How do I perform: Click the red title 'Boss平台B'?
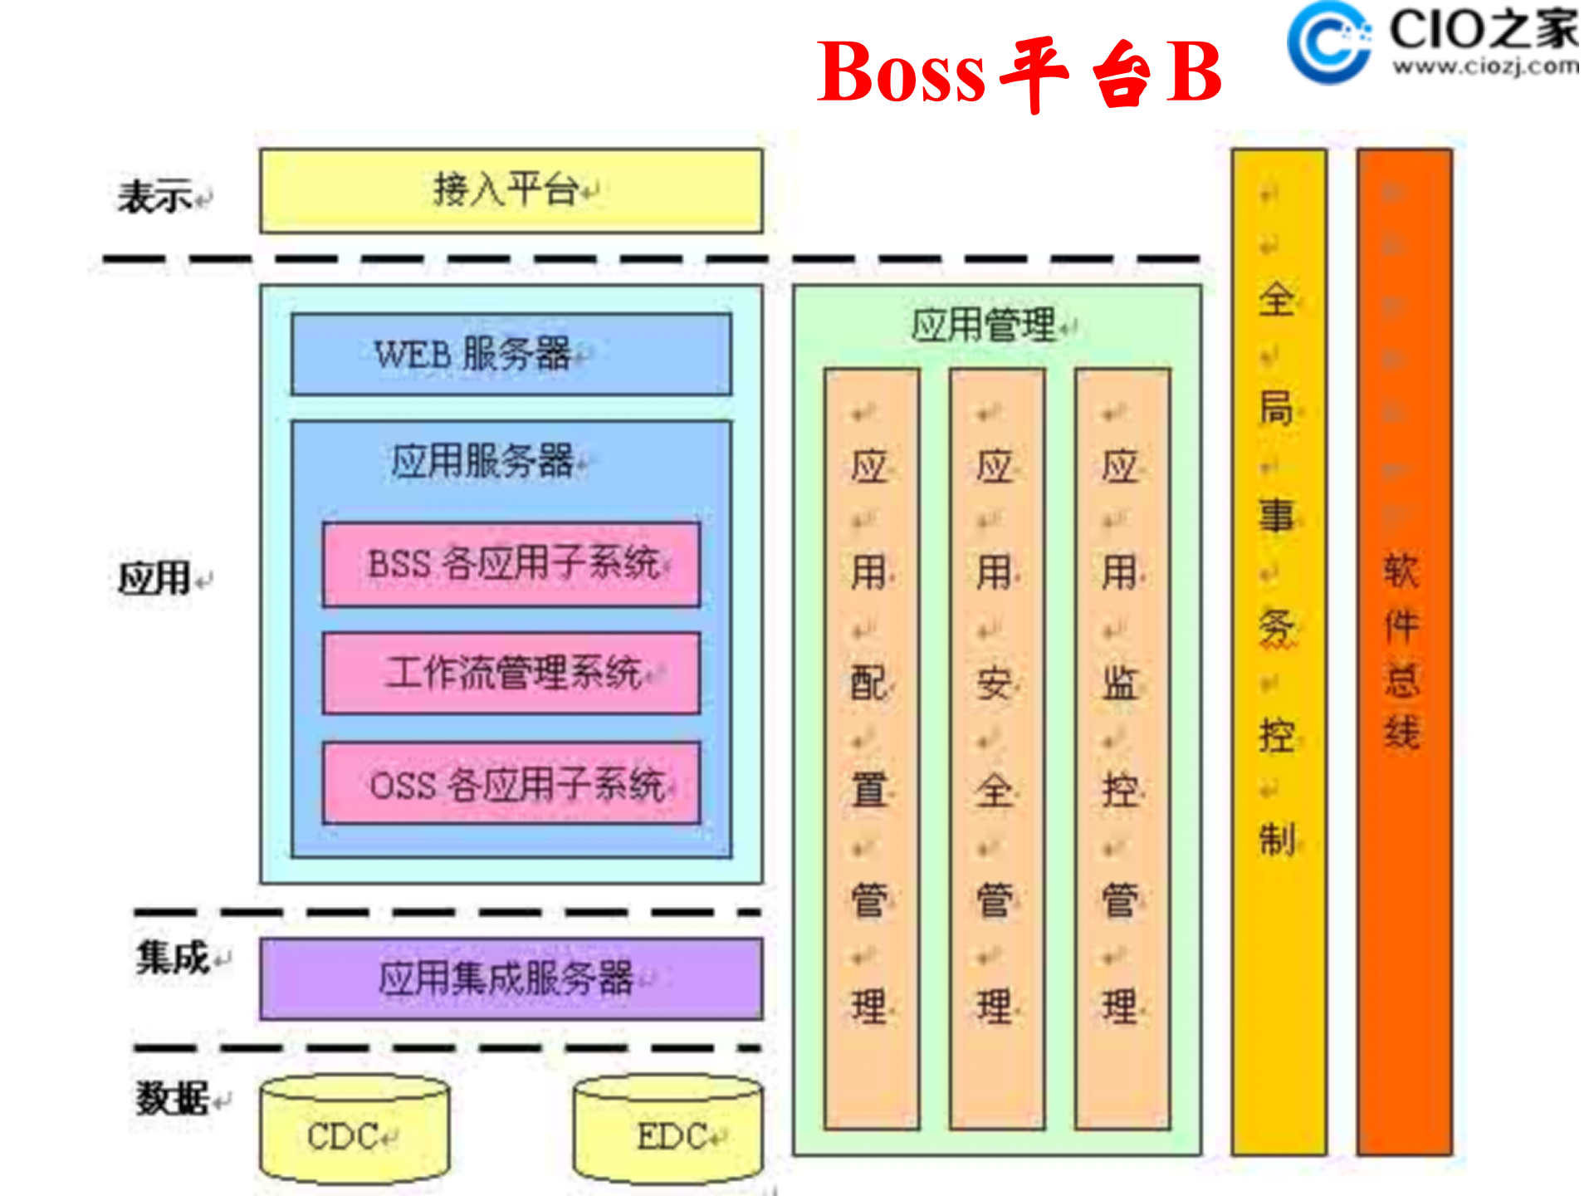[1019, 73]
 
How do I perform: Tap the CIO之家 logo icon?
[1329, 42]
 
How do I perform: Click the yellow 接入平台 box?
[511, 191]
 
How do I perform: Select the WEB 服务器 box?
[511, 355]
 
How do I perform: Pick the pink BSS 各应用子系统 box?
[511, 565]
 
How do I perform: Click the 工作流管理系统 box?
[511, 673]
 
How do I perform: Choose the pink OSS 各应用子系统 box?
[511, 783]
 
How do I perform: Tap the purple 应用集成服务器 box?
[511, 978]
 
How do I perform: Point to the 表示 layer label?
[155, 198]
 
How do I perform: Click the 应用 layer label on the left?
[155, 578]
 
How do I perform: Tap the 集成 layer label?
[173, 958]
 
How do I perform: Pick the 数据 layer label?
[173, 1099]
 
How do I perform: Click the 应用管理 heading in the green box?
[984, 325]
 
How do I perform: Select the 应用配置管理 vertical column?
[871, 747]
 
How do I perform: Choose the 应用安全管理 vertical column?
[996, 747]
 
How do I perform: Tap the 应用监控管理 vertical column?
[1122, 747]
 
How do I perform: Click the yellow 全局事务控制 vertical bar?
[1279, 652]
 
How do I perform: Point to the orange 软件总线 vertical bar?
[1404, 652]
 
